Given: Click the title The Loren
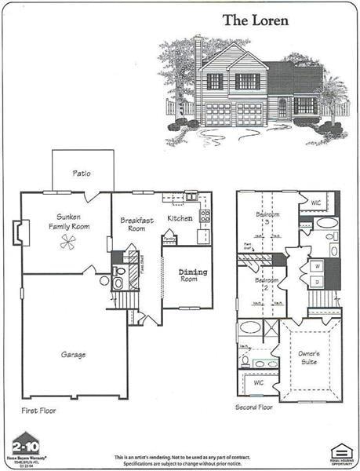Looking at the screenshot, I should point(255,20).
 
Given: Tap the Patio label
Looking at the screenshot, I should point(82,173).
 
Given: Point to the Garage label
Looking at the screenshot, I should point(73,355).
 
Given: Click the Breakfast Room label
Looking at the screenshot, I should point(136,225).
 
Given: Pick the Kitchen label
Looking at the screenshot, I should point(180,218).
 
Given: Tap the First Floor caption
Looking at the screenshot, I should point(38,410).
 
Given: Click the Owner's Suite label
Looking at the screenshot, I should point(308,358).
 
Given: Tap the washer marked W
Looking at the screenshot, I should point(316,265).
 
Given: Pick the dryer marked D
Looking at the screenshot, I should point(316,280).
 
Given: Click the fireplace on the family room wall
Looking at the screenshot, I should point(18,232).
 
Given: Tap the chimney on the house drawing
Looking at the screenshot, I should point(198,49).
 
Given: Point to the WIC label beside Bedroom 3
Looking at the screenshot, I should point(316,203).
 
